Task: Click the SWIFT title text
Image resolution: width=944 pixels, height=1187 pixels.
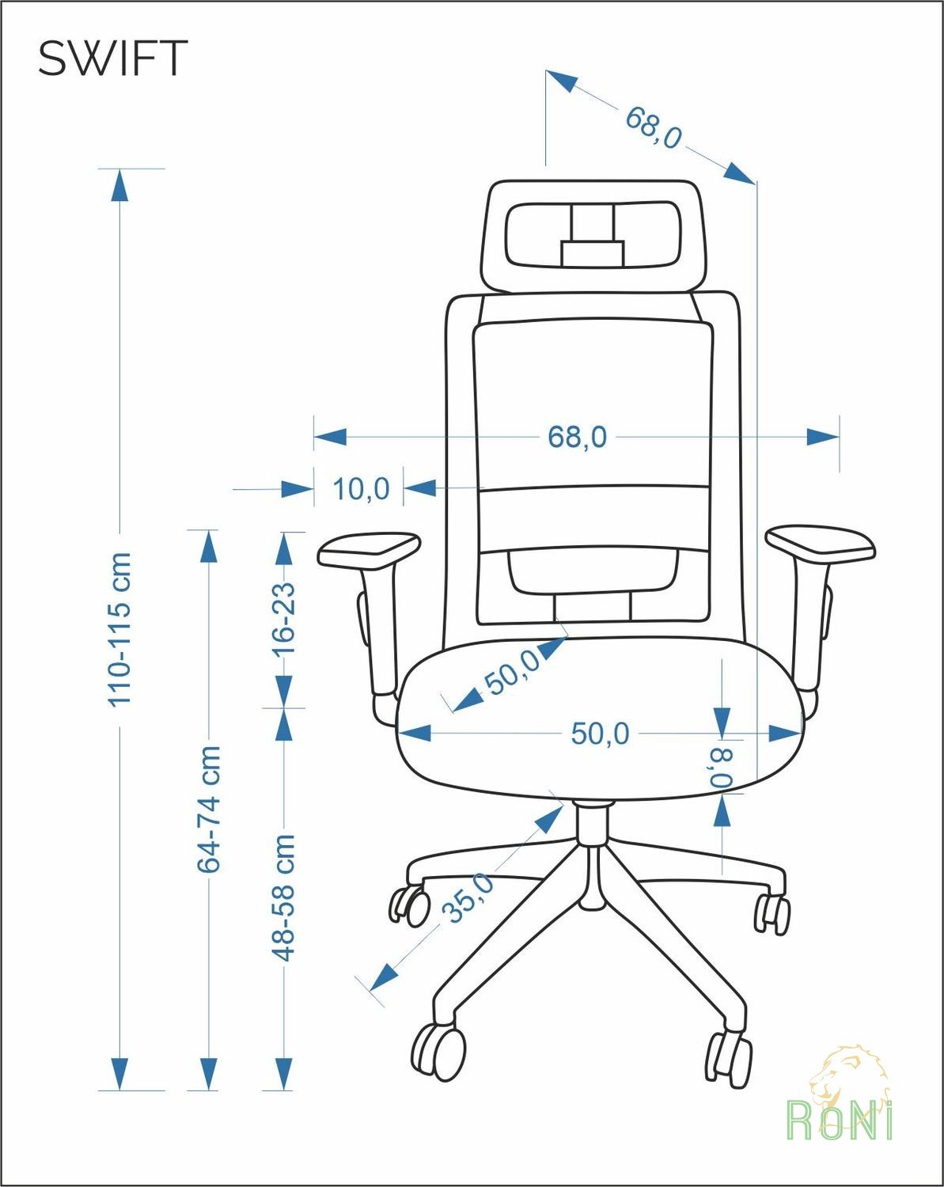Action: click(113, 58)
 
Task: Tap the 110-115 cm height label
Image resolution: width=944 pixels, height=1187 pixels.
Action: click(119, 629)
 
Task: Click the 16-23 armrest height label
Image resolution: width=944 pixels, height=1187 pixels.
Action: click(284, 619)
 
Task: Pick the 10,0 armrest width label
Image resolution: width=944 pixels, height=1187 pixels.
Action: click(361, 489)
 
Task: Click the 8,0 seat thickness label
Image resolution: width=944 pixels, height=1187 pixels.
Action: click(722, 768)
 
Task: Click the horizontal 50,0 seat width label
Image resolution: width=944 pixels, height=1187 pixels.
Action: click(600, 734)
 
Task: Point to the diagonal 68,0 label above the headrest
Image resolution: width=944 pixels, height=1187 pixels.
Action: click(654, 127)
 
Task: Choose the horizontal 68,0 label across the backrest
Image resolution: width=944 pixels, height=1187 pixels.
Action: click(577, 437)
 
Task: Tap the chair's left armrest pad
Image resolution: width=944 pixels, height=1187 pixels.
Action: click(369, 549)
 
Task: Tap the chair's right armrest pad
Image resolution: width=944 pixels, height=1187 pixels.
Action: click(820, 543)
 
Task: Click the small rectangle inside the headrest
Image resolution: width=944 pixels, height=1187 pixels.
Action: click(593, 254)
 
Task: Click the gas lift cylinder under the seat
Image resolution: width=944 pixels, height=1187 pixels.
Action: click(593, 829)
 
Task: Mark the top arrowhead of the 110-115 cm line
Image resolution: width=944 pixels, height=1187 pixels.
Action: click(119, 186)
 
